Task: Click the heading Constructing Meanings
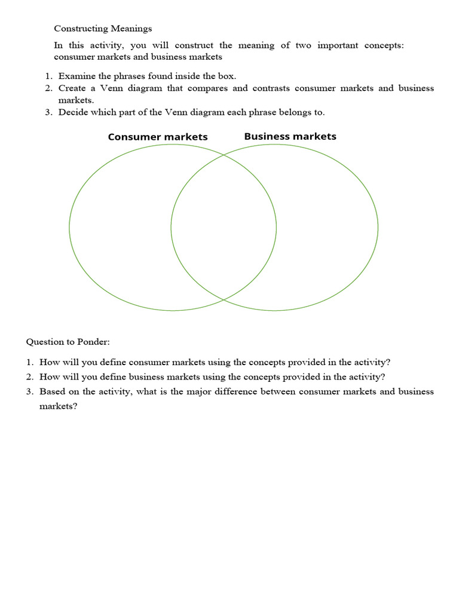coord(103,28)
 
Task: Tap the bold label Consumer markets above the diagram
coord(158,137)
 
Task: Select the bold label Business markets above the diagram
coord(290,136)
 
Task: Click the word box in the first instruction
coord(227,76)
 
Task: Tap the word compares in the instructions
coord(209,88)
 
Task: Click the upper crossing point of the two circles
coord(224,155)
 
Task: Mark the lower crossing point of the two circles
coord(224,299)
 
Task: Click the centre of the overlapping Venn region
coord(224,227)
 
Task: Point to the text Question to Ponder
coord(68,342)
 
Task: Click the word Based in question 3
coord(52,391)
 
